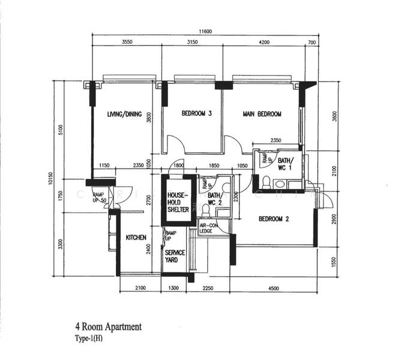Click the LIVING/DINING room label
tap(124, 114)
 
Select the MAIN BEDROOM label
tap(262, 113)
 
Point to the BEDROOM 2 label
tap(274, 219)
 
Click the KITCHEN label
tap(136, 238)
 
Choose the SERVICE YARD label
tap(175, 257)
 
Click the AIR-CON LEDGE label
tap(207, 229)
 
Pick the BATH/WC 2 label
tap(214, 199)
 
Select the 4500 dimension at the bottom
tap(273, 289)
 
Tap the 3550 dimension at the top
tap(127, 43)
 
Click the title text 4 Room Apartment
tap(108, 327)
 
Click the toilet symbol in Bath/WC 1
tap(265, 181)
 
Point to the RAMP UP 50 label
tap(100, 197)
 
